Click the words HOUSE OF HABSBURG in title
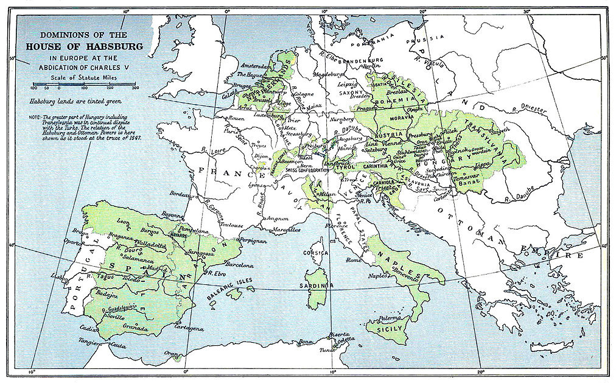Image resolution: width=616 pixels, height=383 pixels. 84,46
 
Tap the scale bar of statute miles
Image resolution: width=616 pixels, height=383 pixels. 85,85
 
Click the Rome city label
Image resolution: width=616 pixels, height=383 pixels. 354,260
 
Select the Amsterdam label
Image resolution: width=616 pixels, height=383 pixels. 254,65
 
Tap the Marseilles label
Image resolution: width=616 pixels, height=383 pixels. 285,230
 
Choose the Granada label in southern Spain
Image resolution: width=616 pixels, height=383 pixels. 135,328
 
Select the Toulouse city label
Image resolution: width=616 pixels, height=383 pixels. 231,225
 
